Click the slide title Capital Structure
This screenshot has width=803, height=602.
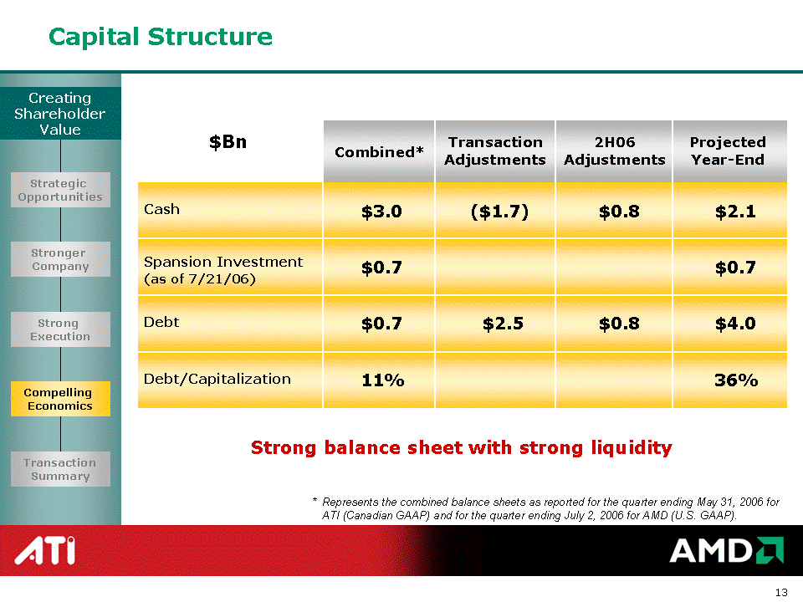tap(161, 37)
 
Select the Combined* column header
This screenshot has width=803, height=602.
tap(379, 152)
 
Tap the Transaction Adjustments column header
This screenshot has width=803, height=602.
tap(495, 150)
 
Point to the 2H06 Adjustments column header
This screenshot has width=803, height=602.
tap(615, 150)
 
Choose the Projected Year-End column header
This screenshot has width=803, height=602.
tap(728, 150)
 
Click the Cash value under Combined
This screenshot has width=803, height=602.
tap(381, 212)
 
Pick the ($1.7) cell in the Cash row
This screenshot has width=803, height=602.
tap(499, 212)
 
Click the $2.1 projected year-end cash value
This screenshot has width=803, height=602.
tap(735, 212)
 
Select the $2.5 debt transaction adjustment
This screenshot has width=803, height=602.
tap(503, 324)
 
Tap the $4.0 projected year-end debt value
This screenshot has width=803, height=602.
tap(735, 324)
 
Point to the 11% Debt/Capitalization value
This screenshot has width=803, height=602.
tap(383, 380)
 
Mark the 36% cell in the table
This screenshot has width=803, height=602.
tap(736, 380)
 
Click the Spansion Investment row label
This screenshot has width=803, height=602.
tap(223, 270)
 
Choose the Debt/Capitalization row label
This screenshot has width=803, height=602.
tap(217, 380)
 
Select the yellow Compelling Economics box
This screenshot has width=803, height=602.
tap(60, 399)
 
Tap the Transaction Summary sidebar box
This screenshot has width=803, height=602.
tap(60, 469)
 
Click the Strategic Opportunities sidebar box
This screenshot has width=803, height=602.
tap(60, 190)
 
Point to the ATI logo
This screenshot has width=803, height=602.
tap(45, 550)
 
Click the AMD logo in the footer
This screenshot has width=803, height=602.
tap(726, 550)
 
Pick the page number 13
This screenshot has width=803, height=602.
tap(781, 592)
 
